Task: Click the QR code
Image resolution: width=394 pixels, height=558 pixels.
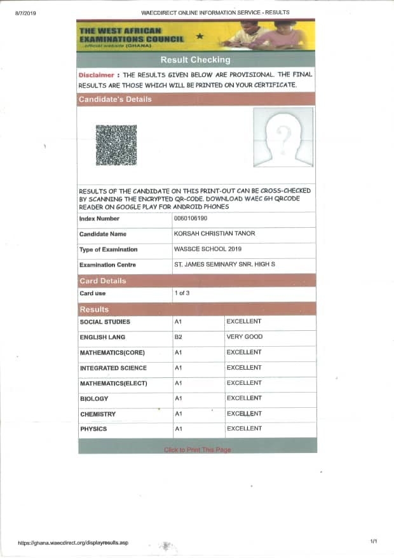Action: coord(116,145)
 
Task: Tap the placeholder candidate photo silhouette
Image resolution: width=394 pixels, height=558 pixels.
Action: coord(282,137)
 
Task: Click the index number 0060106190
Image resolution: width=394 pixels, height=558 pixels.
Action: coord(190,218)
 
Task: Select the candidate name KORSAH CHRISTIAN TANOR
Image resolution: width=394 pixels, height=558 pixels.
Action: coord(214,234)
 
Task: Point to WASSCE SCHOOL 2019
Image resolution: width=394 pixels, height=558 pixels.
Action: coord(207,249)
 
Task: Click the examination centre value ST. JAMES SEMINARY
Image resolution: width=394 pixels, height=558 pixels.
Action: coord(233,264)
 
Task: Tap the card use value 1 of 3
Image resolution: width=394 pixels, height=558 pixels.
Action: coord(182,293)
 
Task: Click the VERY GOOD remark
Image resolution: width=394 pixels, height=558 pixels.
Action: coord(244,337)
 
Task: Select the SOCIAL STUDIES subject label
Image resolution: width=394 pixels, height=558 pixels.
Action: coord(105,322)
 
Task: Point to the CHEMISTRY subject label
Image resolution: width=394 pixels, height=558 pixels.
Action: coord(98,414)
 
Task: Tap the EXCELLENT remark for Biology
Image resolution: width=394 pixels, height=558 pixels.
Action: coord(244,398)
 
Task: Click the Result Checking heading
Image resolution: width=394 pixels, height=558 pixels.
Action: coord(195,60)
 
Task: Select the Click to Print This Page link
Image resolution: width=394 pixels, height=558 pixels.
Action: coord(197,450)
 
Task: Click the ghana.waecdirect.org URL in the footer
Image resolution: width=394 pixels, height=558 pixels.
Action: coord(73,543)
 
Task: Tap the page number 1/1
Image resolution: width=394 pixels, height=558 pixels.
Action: coord(373,541)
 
